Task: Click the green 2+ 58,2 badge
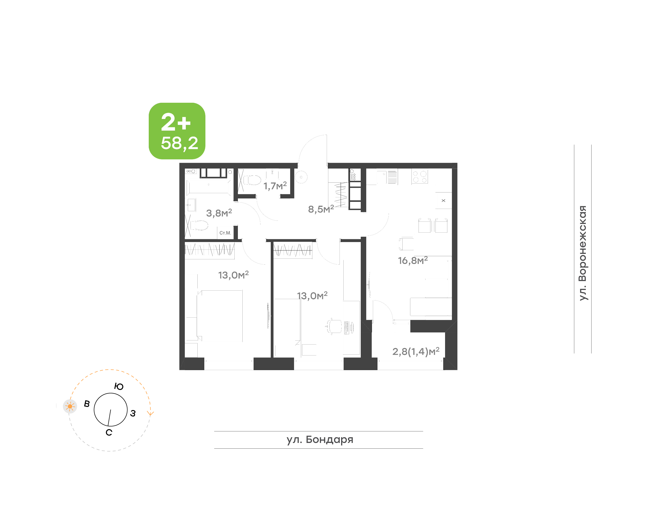(x=177, y=131)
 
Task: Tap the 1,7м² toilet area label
(x=275, y=185)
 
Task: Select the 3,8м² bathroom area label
(x=219, y=213)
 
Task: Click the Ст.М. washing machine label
(x=225, y=233)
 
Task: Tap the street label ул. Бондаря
(x=320, y=440)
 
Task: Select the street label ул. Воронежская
(x=582, y=253)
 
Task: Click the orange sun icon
(x=70, y=406)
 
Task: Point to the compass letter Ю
(x=119, y=386)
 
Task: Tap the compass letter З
(x=133, y=413)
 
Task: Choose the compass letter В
(x=87, y=404)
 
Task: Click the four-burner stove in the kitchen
(x=419, y=176)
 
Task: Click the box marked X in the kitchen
(x=444, y=201)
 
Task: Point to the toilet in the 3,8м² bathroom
(x=199, y=225)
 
